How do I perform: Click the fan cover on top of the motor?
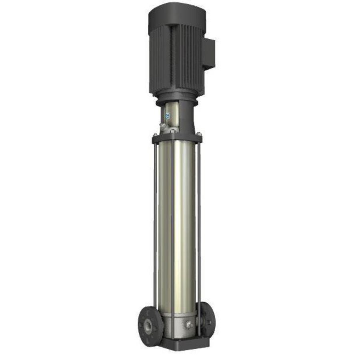pyautogui.click(x=177, y=14)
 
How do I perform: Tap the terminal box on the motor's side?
pyautogui.click(x=208, y=54)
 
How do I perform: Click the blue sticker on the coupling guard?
pyautogui.click(x=168, y=115)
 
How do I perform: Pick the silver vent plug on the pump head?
pyautogui.click(x=163, y=127)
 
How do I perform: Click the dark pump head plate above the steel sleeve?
pyautogui.click(x=176, y=138)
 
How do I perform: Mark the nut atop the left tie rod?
pyautogui.click(x=155, y=134)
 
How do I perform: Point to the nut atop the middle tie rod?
pyautogui.click(x=172, y=130)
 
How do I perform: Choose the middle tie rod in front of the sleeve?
pyautogui.click(x=172, y=224)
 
